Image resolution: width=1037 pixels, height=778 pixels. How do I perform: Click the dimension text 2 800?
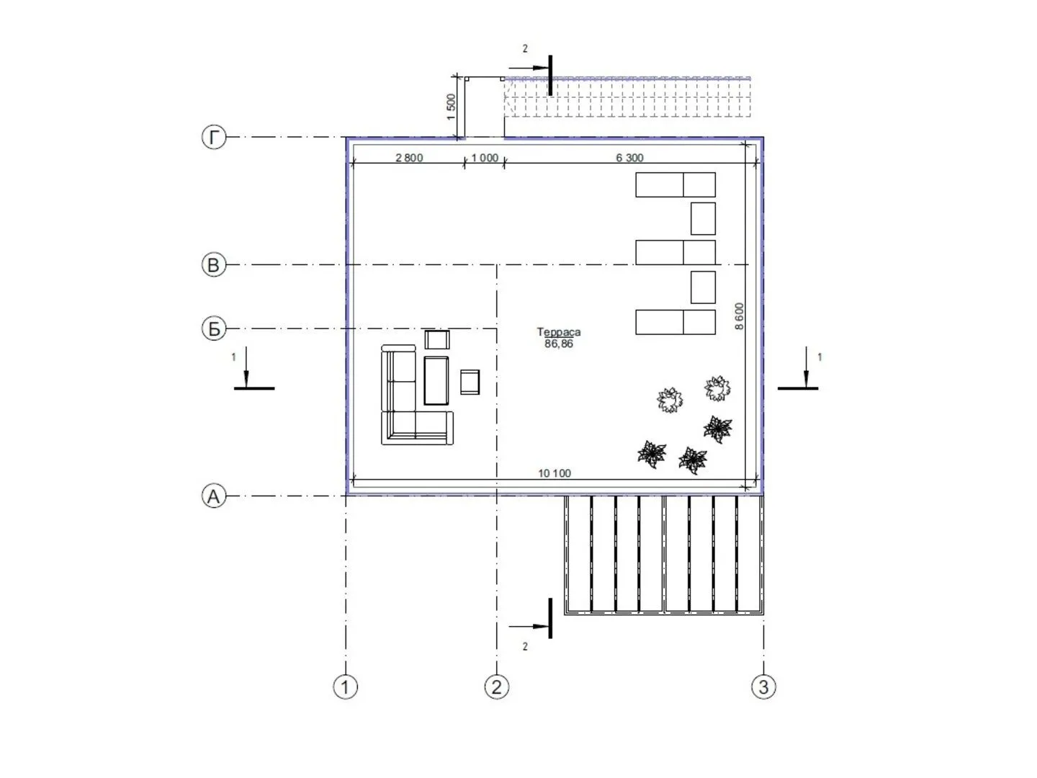[x=409, y=158]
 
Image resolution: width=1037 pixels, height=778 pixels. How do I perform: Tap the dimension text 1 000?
[x=485, y=158]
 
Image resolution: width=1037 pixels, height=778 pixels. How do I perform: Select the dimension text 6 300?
[x=629, y=158]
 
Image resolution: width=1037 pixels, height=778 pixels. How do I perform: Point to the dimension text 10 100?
[x=555, y=473]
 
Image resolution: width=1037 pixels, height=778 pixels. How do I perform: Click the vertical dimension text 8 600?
[x=740, y=316]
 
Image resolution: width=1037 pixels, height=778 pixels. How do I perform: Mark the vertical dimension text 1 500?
[x=452, y=107]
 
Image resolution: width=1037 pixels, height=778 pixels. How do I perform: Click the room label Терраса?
[x=558, y=332]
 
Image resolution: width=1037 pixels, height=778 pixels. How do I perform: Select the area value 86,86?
[x=558, y=344]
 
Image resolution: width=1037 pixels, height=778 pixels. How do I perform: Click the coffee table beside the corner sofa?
[x=436, y=380]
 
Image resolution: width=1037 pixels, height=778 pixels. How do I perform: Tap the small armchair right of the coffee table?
[x=470, y=382]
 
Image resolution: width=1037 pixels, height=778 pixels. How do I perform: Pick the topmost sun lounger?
[x=675, y=184]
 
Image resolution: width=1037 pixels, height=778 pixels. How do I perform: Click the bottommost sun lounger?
[x=675, y=322]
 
